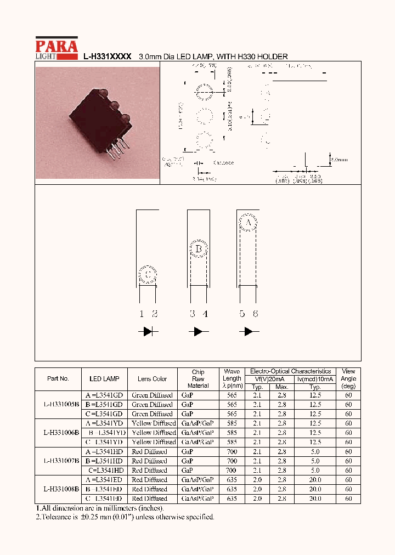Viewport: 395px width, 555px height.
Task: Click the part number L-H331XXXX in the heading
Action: coord(107,56)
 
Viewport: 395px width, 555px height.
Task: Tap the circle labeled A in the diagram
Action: coord(248,223)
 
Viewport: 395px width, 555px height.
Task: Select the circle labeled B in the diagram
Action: coord(199,250)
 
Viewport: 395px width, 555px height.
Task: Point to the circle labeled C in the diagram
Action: coord(148,274)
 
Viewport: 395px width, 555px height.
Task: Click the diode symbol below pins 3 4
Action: coord(198,332)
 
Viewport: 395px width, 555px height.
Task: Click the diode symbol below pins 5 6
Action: coord(249,332)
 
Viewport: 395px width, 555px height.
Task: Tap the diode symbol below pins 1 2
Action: coord(148,332)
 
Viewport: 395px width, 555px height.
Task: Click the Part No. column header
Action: coord(58,378)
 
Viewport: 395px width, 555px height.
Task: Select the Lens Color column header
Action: coord(152,378)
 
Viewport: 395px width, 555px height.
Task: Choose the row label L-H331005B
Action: coord(61,404)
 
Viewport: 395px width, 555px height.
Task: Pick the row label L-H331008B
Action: coord(61,489)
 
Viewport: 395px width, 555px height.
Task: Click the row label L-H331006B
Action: coord(61,432)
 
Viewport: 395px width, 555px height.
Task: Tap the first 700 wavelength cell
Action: coord(232,451)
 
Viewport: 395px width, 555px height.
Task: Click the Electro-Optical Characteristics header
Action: coord(290,371)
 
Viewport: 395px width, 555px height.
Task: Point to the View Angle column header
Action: coord(348,378)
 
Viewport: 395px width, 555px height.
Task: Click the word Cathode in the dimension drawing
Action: coord(223,163)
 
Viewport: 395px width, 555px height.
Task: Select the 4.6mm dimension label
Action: coord(338,160)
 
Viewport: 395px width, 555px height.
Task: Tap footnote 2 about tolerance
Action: coord(125,517)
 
